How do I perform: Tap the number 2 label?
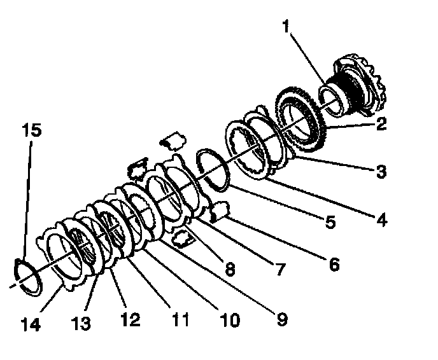tap(381, 124)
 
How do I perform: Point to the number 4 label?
tap(381, 220)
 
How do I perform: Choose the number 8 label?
tap(229, 269)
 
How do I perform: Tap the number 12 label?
tap(131, 319)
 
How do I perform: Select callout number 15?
tap(32, 130)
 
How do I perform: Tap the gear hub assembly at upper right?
tap(357, 86)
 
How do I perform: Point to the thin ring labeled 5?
tap(213, 169)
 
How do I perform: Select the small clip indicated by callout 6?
tap(219, 211)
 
